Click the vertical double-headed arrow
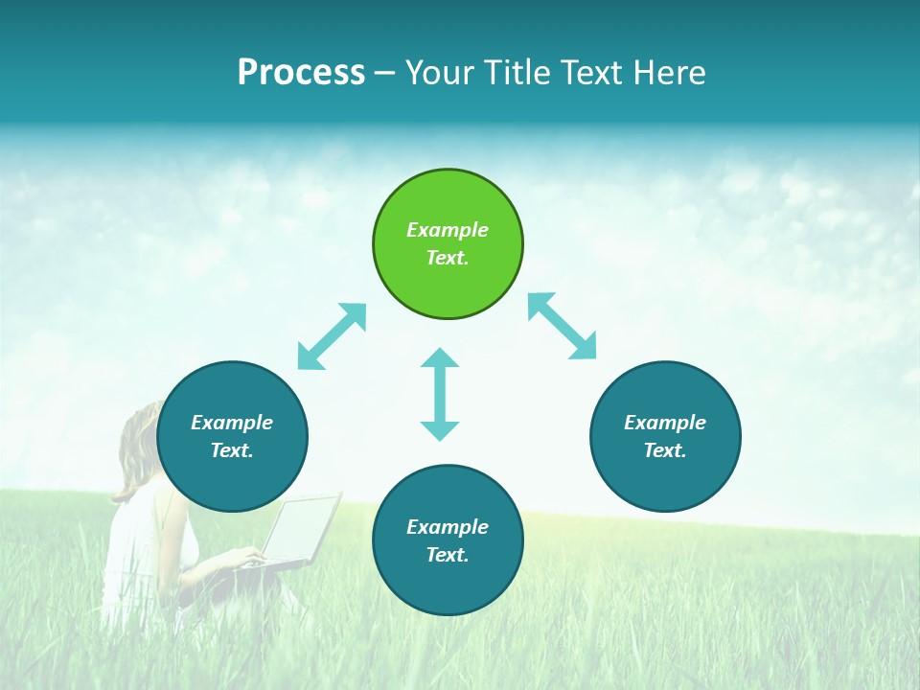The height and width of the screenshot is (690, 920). click(x=440, y=394)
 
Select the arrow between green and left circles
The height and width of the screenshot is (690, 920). click(x=332, y=336)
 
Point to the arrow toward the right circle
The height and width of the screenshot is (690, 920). click(x=563, y=326)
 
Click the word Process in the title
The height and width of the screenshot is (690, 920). click(x=301, y=72)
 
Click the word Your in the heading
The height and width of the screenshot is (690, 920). click(x=442, y=72)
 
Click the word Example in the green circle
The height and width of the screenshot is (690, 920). click(x=448, y=230)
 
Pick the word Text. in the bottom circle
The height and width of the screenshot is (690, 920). click(x=448, y=555)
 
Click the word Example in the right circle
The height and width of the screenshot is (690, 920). click(x=665, y=423)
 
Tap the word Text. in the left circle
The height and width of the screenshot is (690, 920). click(x=232, y=450)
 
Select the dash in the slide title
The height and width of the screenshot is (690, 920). click(x=385, y=73)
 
